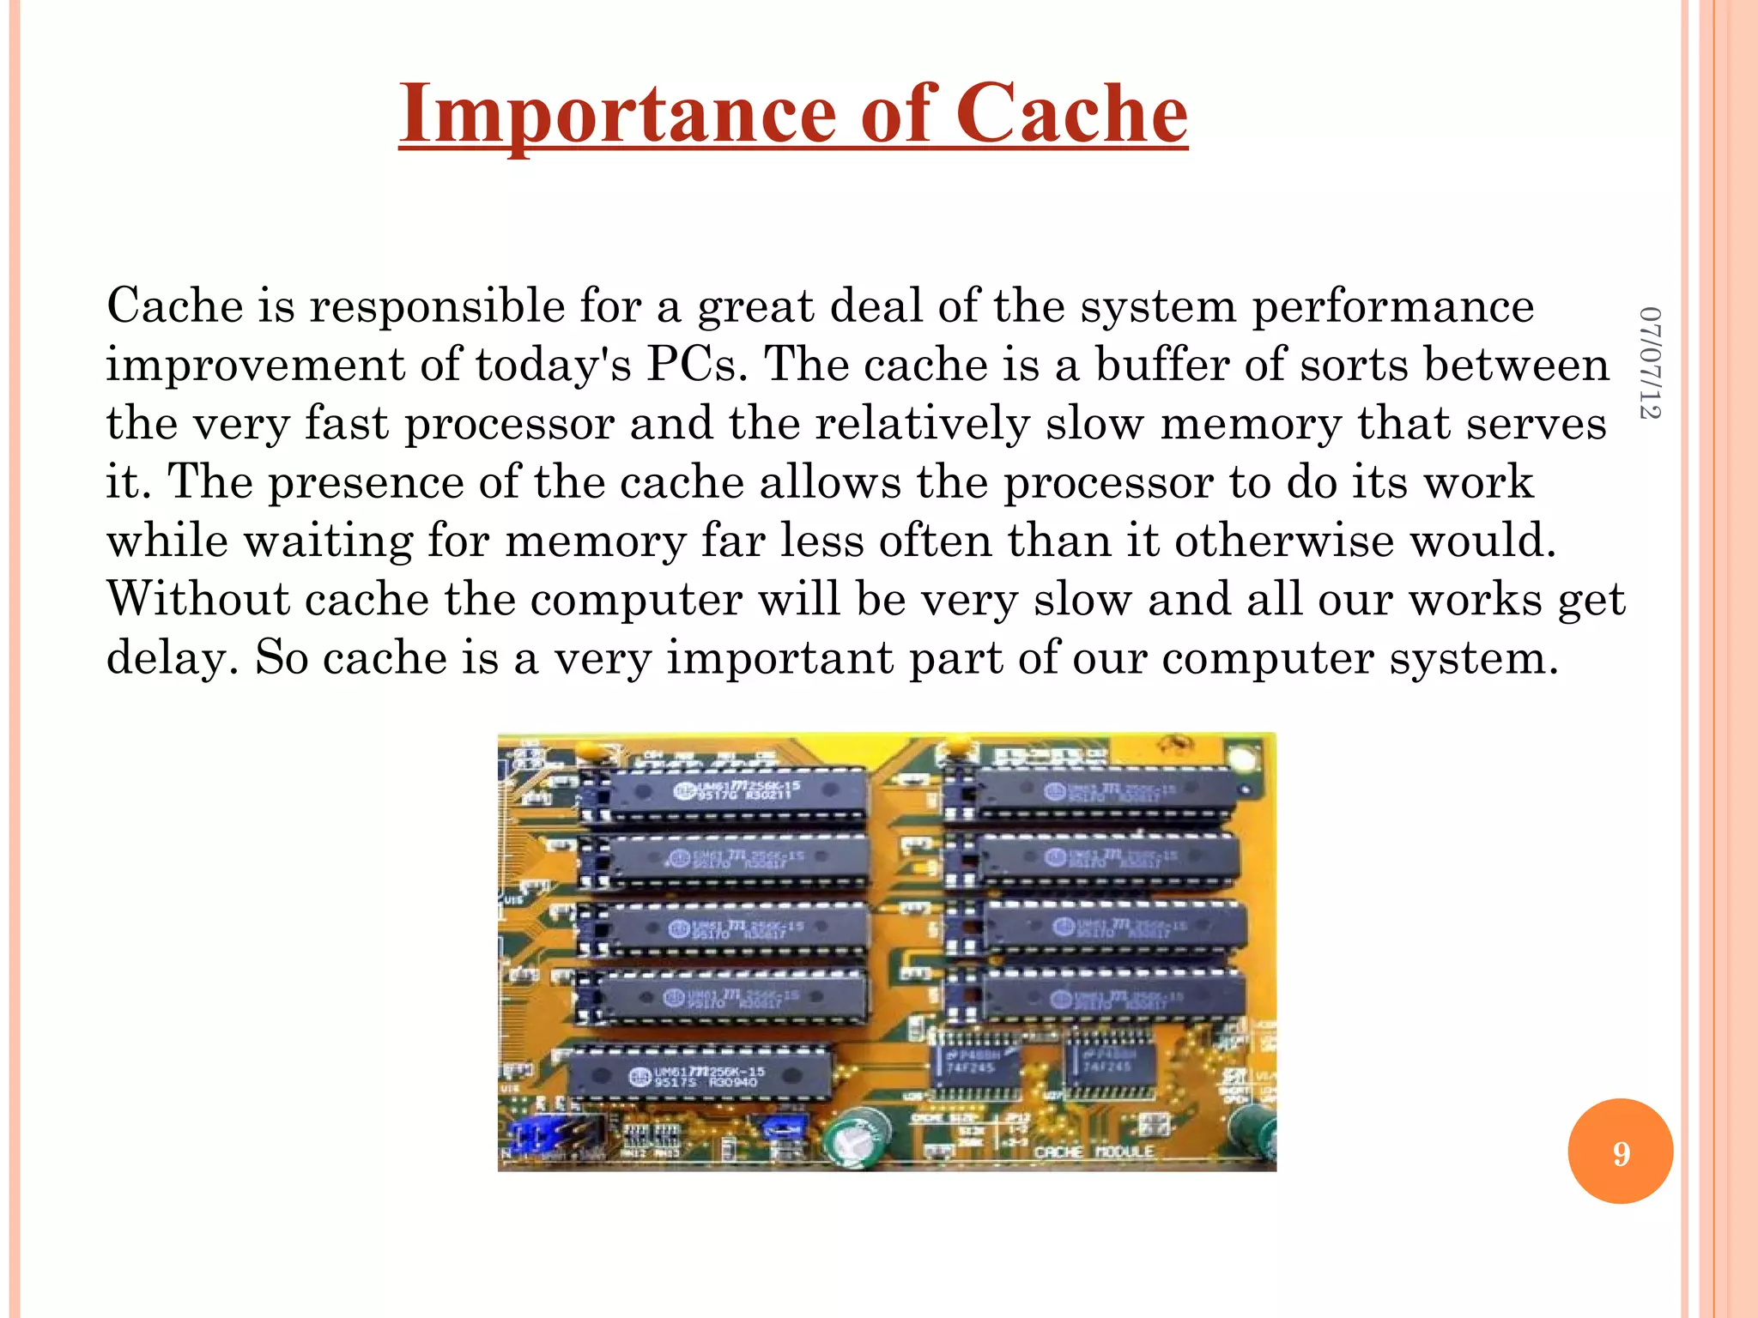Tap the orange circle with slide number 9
pyautogui.click(x=1620, y=1152)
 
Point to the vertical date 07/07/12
pyautogui.click(x=1649, y=362)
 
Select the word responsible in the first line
pyautogui.click(x=437, y=306)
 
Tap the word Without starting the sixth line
pyautogui.click(x=198, y=598)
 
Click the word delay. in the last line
pyautogui.click(x=172, y=658)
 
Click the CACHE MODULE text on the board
pyautogui.click(x=1094, y=1152)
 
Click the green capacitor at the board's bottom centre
pyautogui.click(x=857, y=1137)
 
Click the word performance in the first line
pyautogui.click(x=1392, y=306)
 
